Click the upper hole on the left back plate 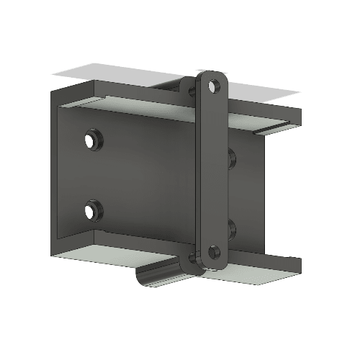pyautogui.click(x=92, y=138)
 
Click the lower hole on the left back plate pyautogui.click(x=92, y=211)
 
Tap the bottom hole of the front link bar pyautogui.click(x=214, y=252)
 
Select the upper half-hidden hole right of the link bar pyautogui.click(x=231, y=158)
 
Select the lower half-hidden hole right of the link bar pyautogui.click(x=232, y=229)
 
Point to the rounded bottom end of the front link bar pyautogui.click(x=215, y=265)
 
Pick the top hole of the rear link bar pyautogui.click(x=192, y=91)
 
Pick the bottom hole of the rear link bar pyautogui.click(x=192, y=257)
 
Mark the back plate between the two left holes pyautogui.click(x=92, y=175)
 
